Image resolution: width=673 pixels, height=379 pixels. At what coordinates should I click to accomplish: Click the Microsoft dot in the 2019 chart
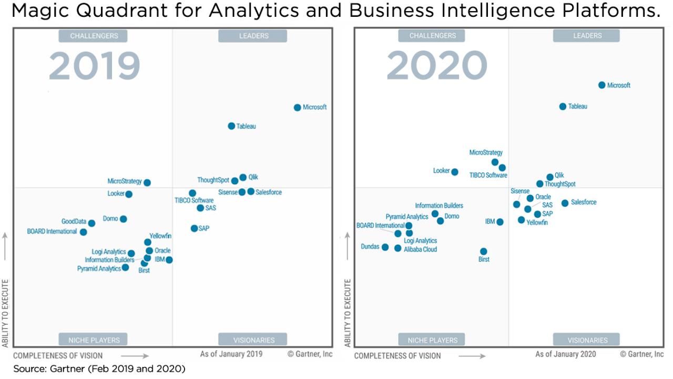click(297, 107)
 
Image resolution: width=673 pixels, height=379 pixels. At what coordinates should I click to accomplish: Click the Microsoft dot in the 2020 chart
click(601, 85)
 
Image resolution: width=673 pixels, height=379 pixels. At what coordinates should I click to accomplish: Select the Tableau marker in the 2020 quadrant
click(563, 106)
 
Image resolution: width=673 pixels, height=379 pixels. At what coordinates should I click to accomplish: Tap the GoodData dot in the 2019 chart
click(91, 223)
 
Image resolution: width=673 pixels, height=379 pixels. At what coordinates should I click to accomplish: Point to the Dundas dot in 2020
click(385, 247)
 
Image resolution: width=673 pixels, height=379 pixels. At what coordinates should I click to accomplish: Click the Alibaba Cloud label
click(420, 250)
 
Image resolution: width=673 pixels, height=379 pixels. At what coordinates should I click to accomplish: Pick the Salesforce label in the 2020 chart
click(584, 202)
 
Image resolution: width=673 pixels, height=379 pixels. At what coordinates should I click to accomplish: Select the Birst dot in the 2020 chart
click(483, 252)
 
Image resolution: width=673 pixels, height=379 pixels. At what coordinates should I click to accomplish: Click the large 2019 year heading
click(95, 67)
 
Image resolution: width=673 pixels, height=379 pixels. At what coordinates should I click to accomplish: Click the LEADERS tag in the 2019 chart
click(253, 36)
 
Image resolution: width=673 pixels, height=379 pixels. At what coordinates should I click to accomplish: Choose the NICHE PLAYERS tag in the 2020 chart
click(432, 340)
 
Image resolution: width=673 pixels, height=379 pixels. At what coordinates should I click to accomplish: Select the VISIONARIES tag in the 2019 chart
click(253, 340)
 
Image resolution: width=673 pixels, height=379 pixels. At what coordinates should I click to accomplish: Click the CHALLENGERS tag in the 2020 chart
click(432, 36)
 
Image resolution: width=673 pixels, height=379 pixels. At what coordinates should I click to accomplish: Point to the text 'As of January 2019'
click(231, 354)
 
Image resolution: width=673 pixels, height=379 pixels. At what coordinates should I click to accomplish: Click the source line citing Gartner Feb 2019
click(99, 369)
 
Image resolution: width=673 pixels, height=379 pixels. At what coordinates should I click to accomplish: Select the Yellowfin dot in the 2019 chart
click(148, 242)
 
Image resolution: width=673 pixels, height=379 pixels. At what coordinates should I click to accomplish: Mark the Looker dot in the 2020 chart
click(455, 172)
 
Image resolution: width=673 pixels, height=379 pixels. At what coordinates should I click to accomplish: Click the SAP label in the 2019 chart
click(204, 228)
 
